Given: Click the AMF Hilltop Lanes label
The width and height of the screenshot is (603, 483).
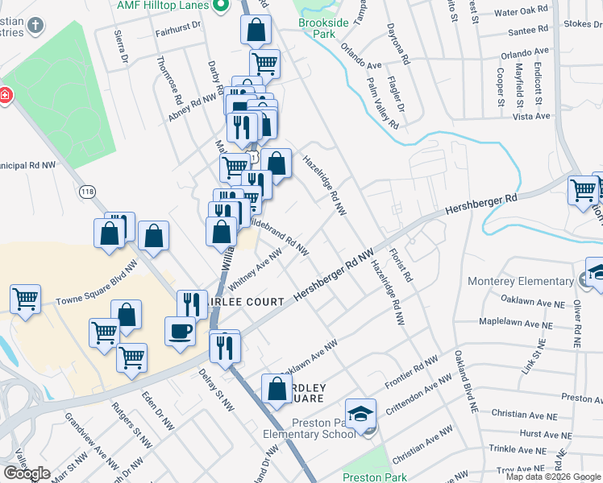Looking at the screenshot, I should pos(163,6).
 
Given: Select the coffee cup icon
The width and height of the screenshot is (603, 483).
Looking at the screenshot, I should pos(179,331).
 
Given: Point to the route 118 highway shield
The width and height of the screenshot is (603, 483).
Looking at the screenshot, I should pos(88,192).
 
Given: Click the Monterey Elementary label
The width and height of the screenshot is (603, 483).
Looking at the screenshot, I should pos(521,282).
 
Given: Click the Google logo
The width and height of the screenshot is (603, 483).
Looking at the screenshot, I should pos(27,473).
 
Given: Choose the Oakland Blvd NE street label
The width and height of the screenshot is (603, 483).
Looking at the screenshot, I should pos(463,382).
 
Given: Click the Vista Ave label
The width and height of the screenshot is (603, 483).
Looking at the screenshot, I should pos(531,117).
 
